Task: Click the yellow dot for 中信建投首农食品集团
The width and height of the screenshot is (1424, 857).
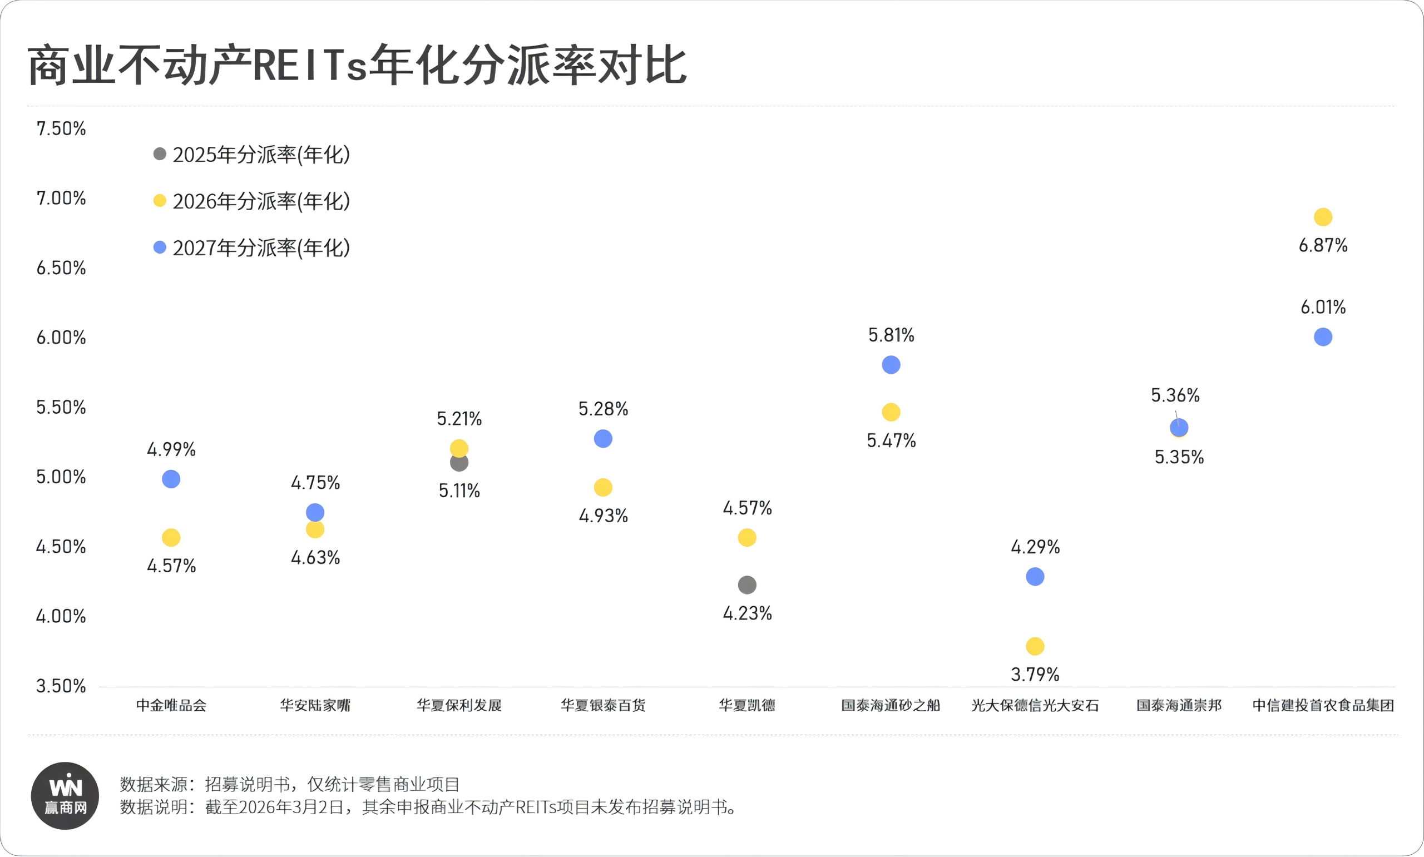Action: [1322, 217]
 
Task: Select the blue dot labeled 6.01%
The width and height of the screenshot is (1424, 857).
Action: [1322, 336]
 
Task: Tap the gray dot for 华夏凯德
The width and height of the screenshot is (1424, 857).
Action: [746, 585]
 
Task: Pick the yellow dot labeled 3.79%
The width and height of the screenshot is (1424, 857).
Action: [1035, 646]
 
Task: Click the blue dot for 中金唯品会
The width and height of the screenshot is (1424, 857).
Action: [171, 479]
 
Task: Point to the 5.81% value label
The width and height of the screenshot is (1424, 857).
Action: [891, 335]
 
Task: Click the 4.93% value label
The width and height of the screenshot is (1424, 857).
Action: [603, 516]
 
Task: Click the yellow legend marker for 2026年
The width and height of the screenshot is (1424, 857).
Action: [160, 201]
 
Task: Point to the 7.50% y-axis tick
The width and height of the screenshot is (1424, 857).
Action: [61, 128]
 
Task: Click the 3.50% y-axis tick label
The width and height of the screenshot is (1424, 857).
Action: [61, 686]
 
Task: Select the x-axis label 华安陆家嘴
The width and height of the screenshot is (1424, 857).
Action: [315, 705]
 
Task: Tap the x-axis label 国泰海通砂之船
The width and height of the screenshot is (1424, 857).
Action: [891, 705]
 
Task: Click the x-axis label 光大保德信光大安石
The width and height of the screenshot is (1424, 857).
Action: [1035, 705]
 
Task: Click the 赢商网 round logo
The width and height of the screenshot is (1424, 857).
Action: [65, 796]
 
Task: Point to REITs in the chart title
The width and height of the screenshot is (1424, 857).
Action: [309, 65]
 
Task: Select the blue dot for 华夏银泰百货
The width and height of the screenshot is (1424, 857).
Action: [603, 439]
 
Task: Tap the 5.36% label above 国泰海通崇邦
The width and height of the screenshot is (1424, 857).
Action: [1175, 395]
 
